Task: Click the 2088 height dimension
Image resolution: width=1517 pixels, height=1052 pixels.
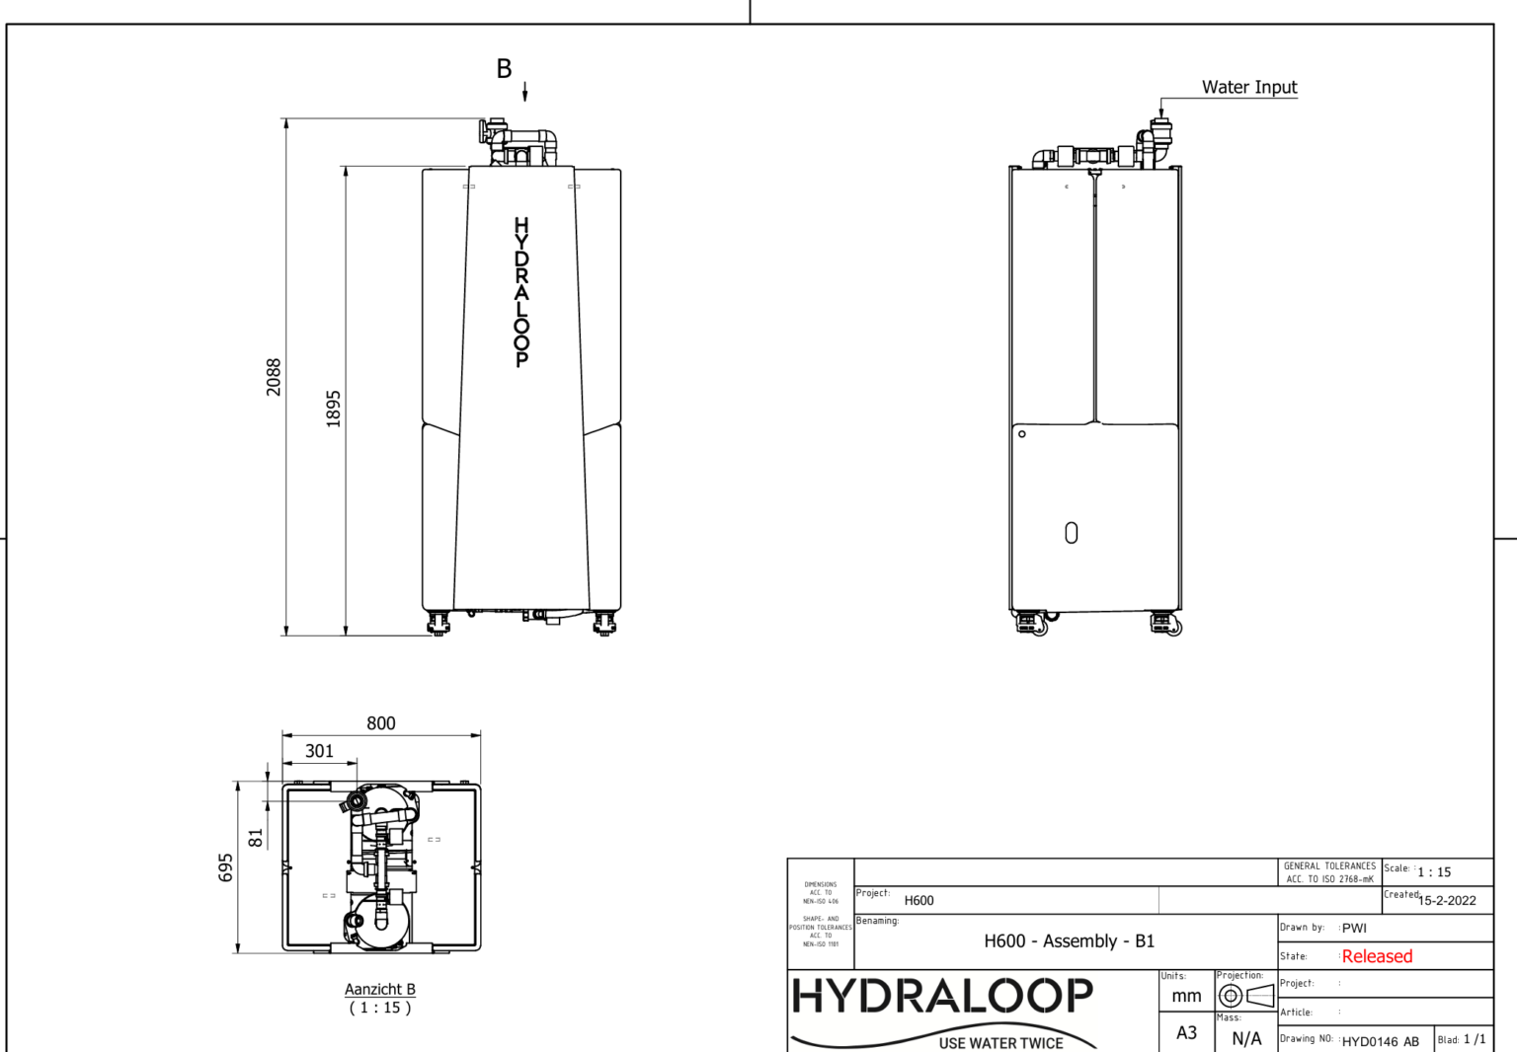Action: [274, 377]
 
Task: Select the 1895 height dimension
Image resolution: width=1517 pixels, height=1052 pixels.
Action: [334, 409]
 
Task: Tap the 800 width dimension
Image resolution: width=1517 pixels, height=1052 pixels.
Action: [381, 723]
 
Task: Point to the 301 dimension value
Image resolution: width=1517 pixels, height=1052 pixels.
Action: [319, 751]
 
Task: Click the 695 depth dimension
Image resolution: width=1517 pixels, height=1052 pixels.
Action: [226, 867]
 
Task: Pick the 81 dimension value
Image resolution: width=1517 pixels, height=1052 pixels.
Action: [256, 838]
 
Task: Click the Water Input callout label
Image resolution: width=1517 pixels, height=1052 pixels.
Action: [1248, 87]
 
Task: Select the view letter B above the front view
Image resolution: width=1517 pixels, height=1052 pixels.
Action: [504, 69]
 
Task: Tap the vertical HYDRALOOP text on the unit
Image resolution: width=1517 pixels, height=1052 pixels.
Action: [521, 292]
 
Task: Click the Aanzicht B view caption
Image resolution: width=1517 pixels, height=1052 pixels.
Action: [380, 989]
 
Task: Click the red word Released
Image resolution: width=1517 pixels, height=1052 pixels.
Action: [1377, 956]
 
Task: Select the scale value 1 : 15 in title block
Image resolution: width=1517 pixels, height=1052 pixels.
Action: [1434, 872]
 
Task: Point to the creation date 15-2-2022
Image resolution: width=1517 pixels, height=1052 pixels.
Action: [1447, 900]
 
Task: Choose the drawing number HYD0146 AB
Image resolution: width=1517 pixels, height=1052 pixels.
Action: [1380, 1041]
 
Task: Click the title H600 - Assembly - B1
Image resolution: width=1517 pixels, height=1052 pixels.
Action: [1069, 941]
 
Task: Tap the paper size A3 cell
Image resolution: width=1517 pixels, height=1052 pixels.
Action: [1186, 1032]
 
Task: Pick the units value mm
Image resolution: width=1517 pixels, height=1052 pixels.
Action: [1186, 996]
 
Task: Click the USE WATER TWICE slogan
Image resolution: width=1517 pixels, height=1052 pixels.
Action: [1000, 1043]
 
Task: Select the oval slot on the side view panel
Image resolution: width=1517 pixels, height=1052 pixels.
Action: [1072, 533]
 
